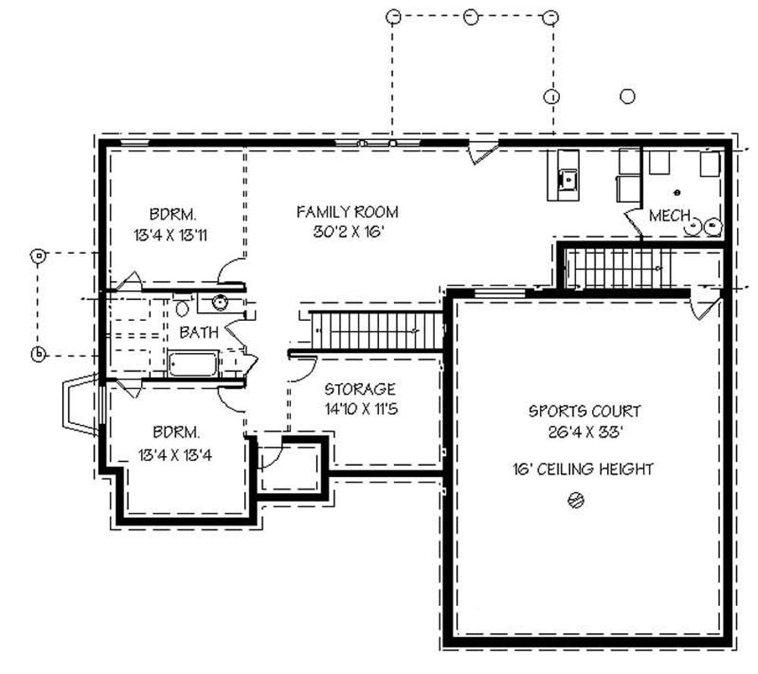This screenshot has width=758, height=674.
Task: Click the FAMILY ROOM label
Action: (x=346, y=212)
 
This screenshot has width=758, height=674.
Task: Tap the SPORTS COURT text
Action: (x=584, y=411)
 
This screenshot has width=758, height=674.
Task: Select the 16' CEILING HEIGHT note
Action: (x=582, y=470)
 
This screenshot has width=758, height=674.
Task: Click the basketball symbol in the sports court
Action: (x=576, y=500)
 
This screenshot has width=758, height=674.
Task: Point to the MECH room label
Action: (x=669, y=217)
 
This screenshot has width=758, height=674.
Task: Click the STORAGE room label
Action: (x=360, y=389)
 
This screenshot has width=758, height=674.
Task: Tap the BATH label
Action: (x=199, y=332)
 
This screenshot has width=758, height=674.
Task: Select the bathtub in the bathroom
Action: (x=193, y=364)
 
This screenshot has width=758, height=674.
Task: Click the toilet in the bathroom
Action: (x=182, y=308)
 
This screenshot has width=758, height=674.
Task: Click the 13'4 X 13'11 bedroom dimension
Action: (x=169, y=235)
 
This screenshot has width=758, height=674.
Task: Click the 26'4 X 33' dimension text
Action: (x=584, y=432)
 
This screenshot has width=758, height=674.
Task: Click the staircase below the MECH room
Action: (x=618, y=267)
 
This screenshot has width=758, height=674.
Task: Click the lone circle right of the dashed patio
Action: (x=627, y=96)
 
